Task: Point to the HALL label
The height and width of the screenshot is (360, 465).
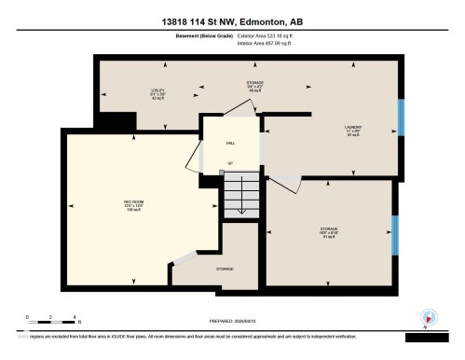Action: pyautogui.click(x=230, y=144)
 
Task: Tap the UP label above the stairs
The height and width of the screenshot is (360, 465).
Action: pyautogui.click(x=230, y=164)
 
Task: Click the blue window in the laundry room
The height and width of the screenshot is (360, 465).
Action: pyautogui.click(x=402, y=118)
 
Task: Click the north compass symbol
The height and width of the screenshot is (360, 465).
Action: pyautogui.click(x=428, y=317)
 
